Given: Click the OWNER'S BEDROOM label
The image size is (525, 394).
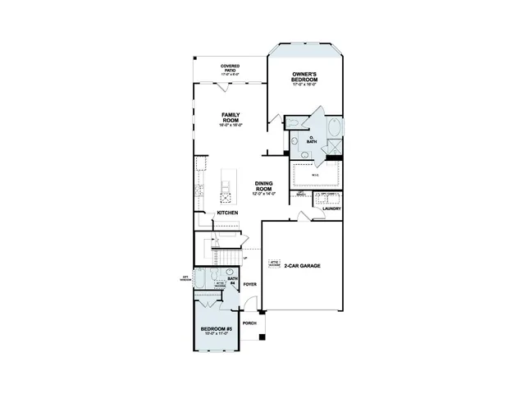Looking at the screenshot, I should coord(304,76).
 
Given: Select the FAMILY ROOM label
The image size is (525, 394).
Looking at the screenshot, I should coord(230,118).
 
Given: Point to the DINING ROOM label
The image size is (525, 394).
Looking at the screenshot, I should coord(263,186).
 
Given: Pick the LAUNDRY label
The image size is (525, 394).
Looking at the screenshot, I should coord(331,208).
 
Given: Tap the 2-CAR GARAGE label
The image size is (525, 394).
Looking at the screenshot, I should coord(304,266).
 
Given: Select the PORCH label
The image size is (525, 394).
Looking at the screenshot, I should coord(249,323).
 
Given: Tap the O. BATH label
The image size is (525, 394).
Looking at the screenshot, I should coord(311,140).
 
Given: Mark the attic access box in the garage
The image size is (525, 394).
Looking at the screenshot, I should coord(274,264).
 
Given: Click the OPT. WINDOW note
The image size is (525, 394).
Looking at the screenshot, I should coord(186,278).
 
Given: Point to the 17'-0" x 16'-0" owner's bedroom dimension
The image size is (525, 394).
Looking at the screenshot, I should coord(304,84).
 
